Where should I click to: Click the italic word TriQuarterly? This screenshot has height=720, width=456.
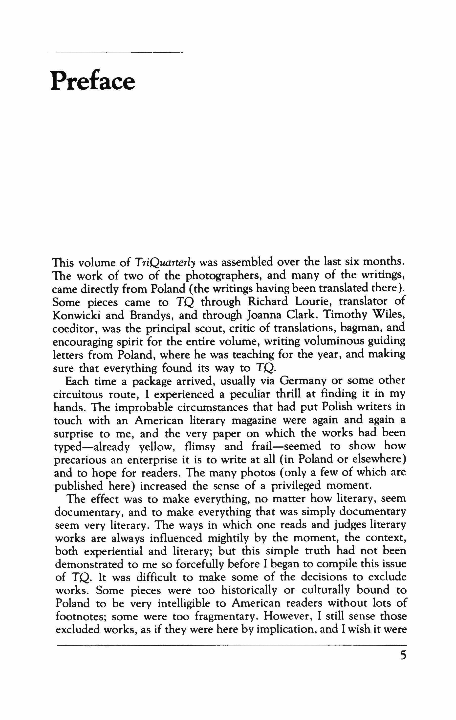tap(165, 262)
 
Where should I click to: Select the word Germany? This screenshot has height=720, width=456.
tap(305, 381)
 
